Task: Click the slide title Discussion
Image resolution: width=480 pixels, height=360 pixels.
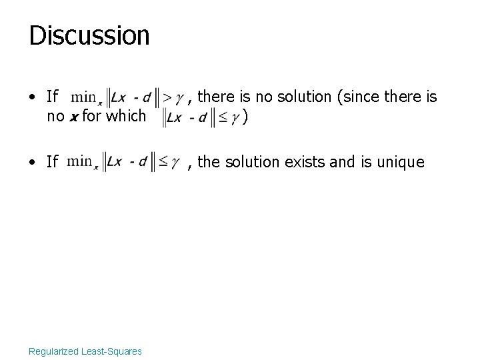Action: tap(89, 35)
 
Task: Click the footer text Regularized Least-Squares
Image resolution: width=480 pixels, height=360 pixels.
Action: tap(85, 351)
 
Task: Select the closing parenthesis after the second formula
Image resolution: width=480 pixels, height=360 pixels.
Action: tap(247, 117)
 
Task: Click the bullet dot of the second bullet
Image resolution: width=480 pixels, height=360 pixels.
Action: tap(33, 161)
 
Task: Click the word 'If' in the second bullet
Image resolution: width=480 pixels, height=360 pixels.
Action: tap(53, 161)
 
